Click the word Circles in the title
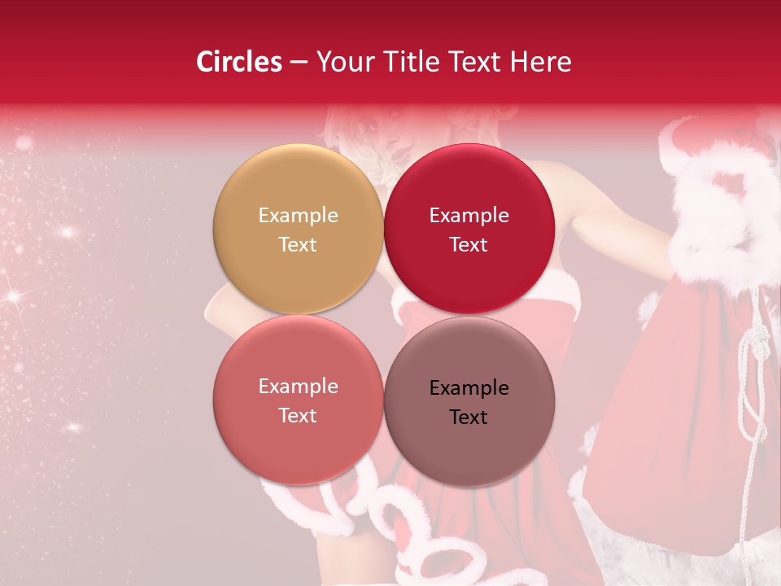[x=238, y=62]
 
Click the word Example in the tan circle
[x=298, y=216]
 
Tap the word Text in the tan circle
[x=298, y=245]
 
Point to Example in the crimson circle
[x=469, y=216]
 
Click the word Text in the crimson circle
[x=469, y=245]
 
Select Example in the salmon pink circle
[x=298, y=387]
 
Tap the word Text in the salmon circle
[x=298, y=416]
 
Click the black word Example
[x=469, y=388]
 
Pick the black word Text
[x=469, y=418]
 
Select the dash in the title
[x=299, y=62]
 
